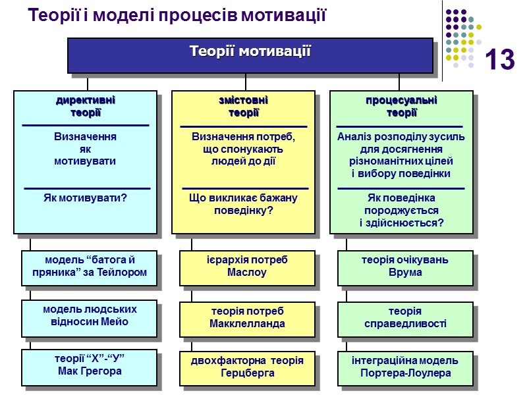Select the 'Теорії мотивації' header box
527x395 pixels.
pyautogui.click(x=250, y=53)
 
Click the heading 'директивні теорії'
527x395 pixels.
pyautogui.click(x=86, y=107)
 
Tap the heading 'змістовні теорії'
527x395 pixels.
pyautogui.click(x=243, y=107)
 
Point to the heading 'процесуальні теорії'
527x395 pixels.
pyautogui.click(x=401, y=107)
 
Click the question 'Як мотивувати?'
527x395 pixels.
pyautogui.click(x=86, y=197)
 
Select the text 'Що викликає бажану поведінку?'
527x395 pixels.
pyautogui.click(x=243, y=204)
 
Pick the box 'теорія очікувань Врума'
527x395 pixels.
pyautogui.click(x=404, y=266)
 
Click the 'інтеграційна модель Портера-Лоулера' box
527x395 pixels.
pyautogui.click(x=404, y=367)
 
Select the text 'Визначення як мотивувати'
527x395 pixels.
pyautogui.click(x=86, y=149)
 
